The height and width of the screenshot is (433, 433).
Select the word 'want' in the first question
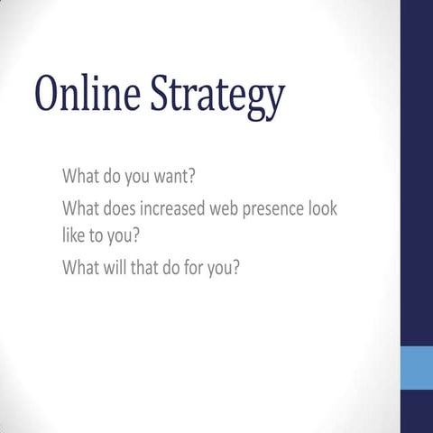171,174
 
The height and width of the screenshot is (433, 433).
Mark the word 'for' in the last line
198,268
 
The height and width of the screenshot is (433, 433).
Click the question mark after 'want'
193,174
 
